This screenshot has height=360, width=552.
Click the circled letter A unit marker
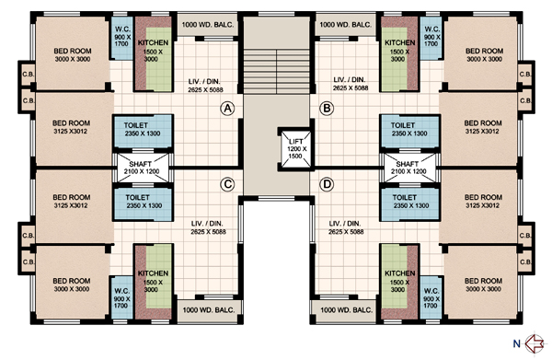(228, 108)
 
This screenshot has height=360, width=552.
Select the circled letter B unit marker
(327, 108)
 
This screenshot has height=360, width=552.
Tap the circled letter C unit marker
(228, 184)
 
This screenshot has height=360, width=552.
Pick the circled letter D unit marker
(327, 184)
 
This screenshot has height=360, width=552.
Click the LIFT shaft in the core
(295, 148)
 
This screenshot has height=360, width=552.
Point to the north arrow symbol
(535, 343)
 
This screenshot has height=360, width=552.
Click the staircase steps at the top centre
(277, 72)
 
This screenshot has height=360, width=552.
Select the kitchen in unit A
(154, 53)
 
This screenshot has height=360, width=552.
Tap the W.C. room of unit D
(431, 297)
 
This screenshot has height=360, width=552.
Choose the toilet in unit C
(143, 204)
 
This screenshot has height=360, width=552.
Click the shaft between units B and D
(409, 168)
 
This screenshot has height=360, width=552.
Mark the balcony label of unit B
(346, 25)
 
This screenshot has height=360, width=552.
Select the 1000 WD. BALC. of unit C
(209, 310)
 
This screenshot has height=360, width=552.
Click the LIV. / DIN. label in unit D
(345, 224)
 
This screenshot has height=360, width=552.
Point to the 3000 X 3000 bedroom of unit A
(72, 52)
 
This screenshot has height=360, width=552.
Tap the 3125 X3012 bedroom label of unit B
(483, 127)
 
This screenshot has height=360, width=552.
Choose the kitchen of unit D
(400, 282)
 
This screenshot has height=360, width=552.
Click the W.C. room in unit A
(121, 38)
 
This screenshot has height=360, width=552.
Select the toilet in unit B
(409, 131)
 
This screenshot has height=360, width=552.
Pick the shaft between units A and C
(143, 168)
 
